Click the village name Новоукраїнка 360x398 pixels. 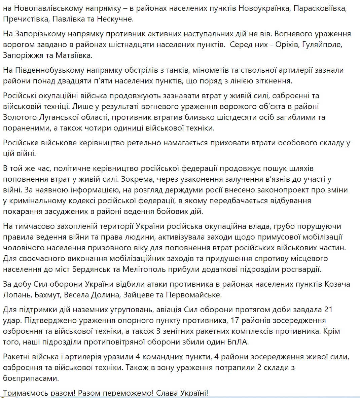pos(264,8)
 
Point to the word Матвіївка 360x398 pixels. pos(71,55)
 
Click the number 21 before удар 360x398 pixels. pos(328,309)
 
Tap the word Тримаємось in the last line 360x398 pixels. pos(24,393)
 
